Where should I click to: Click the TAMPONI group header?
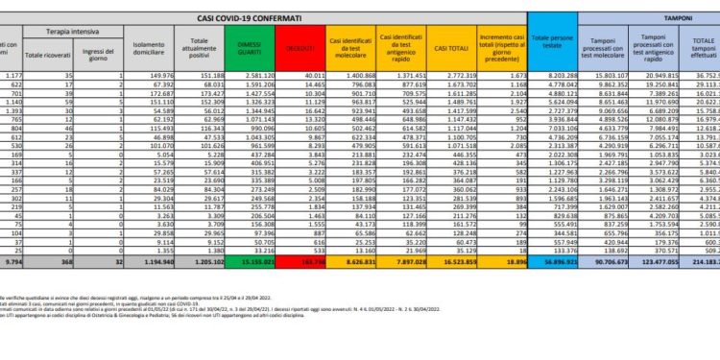(665, 17)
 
